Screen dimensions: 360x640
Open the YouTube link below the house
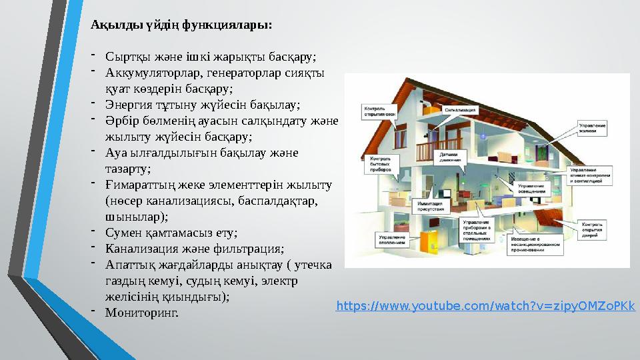click(x=485, y=306)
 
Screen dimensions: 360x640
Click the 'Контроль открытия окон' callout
click(x=379, y=110)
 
